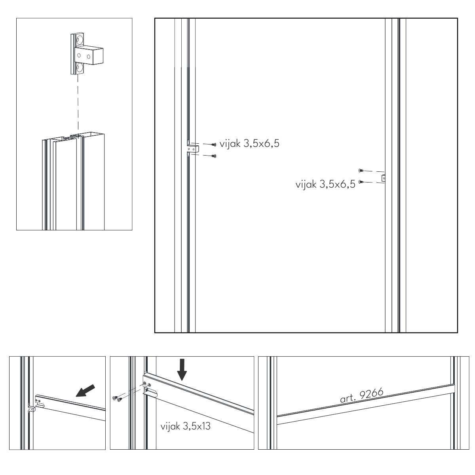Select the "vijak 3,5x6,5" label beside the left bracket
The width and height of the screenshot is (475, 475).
pyautogui.click(x=249, y=143)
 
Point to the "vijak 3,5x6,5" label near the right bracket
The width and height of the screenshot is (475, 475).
pyautogui.click(x=325, y=184)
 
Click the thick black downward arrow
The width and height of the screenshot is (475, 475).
pyautogui.click(x=182, y=370)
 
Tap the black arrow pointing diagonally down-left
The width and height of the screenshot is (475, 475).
pyautogui.click(x=85, y=390)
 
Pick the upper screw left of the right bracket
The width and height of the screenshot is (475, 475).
pyautogui.click(x=361, y=170)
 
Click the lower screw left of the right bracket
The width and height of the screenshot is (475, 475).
pyautogui.click(x=361, y=182)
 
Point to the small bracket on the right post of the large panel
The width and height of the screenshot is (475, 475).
pyautogui.click(x=383, y=178)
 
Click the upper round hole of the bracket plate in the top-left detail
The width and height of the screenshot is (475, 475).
pyautogui.click(x=80, y=40)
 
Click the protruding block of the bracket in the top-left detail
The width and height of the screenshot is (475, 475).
pyautogui.click(x=89, y=55)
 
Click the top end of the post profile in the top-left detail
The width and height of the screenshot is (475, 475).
pyautogui.click(x=73, y=137)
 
